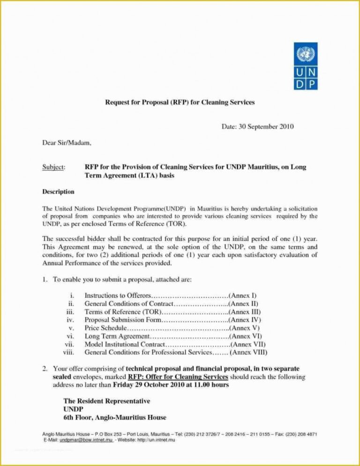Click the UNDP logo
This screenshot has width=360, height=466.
tap(306, 66)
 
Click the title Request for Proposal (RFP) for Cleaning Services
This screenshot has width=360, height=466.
tap(180, 102)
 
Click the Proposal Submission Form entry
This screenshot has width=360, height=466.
tap(123, 320)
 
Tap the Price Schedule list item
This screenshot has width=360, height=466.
tap(105, 328)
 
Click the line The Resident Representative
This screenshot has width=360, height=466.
tap(106, 401)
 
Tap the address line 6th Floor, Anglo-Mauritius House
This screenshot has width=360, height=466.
tap(114, 417)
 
